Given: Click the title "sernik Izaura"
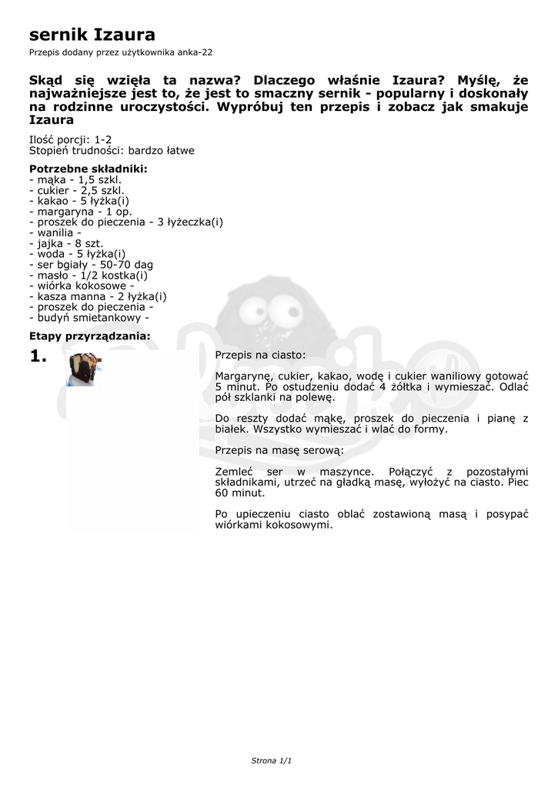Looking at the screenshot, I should point(92,35).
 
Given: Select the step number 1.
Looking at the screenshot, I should point(38,356).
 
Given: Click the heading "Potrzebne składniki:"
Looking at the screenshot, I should point(88,169).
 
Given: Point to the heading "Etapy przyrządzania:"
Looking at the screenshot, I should point(89,336).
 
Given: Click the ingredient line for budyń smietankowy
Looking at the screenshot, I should point(89,317).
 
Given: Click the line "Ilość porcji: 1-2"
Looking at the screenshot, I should point(70,139).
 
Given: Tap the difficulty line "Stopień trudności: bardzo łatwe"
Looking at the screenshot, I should point(112,151).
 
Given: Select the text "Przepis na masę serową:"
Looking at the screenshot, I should point(279,449).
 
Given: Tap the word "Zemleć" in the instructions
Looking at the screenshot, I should point(236,471).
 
